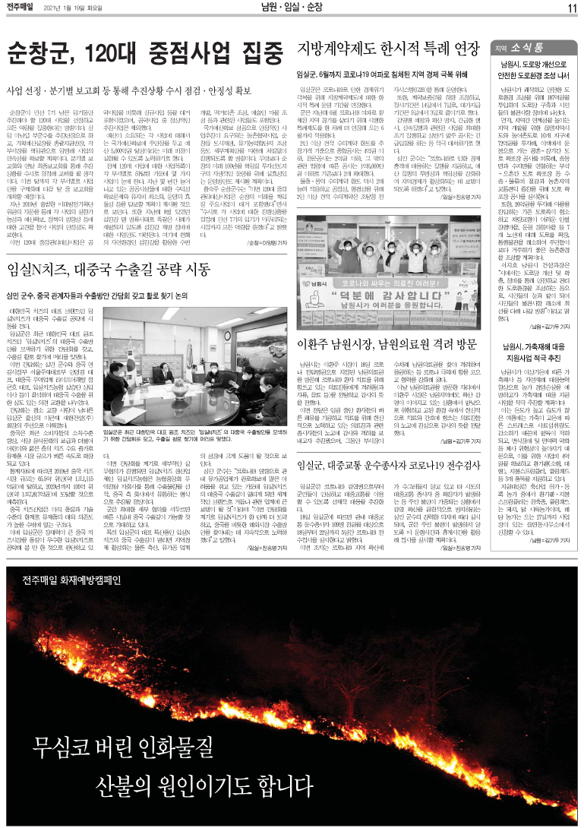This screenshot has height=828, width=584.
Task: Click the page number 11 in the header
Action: pyautogui.click(x=573, y=8)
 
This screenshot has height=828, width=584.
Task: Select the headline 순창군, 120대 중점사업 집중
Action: pyautogui.click(x=140, y=53)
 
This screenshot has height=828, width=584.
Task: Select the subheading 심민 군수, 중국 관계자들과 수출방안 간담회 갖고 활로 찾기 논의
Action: pyautogui.click(x=124, y=295)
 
